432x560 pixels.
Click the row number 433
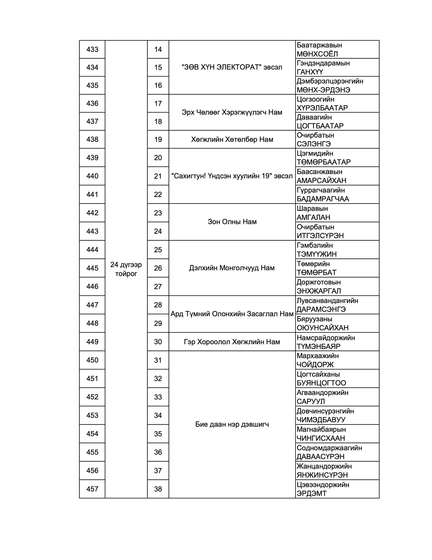[92, 49]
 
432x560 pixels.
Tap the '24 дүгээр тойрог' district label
[126, 269]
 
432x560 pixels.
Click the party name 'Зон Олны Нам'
[232, 222]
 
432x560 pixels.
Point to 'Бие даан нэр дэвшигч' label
[232, 424]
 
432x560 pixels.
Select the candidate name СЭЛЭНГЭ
[313, 144]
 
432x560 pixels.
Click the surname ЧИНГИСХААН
[321, 438]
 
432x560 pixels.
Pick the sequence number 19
[158, 140]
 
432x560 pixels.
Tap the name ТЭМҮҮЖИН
[316, 254]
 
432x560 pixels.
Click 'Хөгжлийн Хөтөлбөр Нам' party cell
[232, 140]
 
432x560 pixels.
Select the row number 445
[92, 268]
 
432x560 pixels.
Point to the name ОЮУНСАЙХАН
[322, 328]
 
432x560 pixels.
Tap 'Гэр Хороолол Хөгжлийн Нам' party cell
[232, 342]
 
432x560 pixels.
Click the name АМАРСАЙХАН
[321, 180]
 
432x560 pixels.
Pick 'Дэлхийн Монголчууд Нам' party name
[232, 268]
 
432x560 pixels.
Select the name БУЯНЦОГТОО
[321, 383]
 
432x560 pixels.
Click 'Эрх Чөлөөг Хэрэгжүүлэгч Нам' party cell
[232, 112]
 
